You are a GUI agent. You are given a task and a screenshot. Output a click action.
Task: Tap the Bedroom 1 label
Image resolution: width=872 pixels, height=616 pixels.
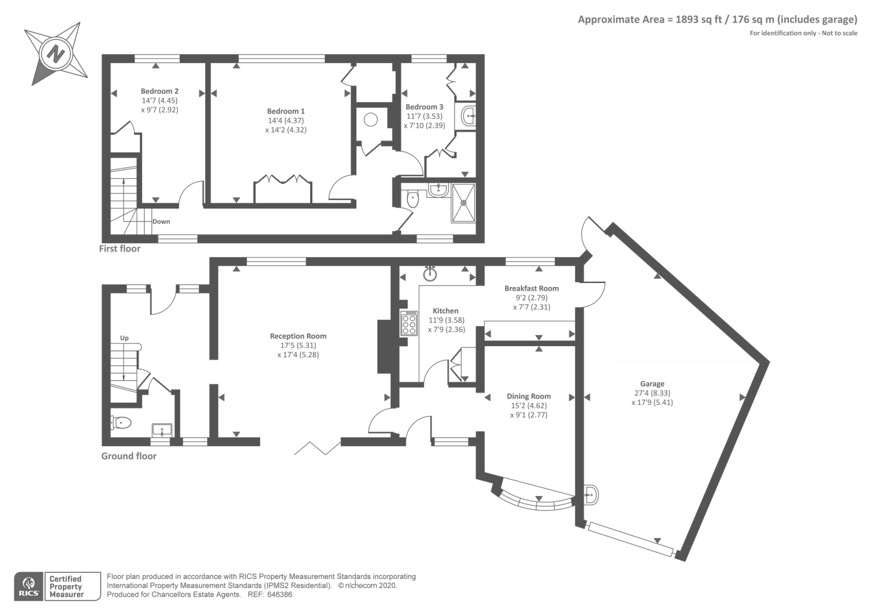(286, 111)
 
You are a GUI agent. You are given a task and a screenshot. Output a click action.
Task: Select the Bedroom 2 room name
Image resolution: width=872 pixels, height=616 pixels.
(160, 91)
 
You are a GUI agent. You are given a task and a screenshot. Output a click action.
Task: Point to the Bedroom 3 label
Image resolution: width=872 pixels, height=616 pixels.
(425, 107)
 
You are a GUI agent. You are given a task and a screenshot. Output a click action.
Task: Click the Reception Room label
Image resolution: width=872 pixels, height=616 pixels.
(298, 336)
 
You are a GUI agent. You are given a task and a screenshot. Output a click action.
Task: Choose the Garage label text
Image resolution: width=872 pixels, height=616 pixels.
(652, 384)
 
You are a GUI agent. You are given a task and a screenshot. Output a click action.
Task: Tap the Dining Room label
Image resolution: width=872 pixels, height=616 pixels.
(529, 396)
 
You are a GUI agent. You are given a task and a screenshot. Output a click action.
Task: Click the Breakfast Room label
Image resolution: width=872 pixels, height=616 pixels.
(531, 288)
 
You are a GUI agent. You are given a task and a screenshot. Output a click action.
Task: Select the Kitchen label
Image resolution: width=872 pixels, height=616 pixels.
(446, 311)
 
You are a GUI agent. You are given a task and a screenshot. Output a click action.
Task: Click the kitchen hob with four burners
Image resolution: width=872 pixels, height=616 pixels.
(409, 323)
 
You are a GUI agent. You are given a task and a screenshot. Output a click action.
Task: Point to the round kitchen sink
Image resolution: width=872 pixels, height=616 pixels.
(430, 274)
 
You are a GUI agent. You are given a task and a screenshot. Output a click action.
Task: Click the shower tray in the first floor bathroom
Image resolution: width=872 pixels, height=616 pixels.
(463, 203)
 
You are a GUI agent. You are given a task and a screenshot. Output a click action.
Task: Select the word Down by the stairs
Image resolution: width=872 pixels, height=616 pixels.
(161, 221)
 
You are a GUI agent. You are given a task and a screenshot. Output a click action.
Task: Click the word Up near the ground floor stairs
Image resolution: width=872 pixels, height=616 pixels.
(124, 338)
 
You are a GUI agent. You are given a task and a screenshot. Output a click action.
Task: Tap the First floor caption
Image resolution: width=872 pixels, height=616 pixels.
(119, 249)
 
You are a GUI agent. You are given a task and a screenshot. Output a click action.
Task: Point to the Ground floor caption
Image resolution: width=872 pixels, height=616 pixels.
(129, 456)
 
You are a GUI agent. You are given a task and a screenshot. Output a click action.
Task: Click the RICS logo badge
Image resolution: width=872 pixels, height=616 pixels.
(29, 587)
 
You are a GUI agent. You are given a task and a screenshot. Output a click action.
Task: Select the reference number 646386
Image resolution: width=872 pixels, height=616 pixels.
(280, 595)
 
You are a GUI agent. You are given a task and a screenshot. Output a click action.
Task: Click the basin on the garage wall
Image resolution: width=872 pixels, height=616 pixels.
(591, 495)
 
